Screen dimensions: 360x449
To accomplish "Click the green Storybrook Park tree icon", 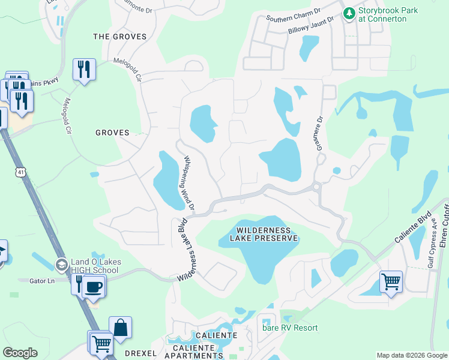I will [x=349, y=13].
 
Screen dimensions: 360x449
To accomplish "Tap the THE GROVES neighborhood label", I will [x=120, y=37].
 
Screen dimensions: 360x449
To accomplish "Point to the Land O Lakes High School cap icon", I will [x=61, y=265].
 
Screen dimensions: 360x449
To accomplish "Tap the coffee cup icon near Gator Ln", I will [x=94, y=286].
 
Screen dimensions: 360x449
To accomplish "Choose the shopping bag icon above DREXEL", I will [x=120, y=328].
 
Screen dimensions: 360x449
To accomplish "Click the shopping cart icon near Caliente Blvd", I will [x=391, y=281].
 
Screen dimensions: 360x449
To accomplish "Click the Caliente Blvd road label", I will [x=413, y=227].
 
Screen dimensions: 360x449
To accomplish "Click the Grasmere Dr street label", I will [x=318, y=133].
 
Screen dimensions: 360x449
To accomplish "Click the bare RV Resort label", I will [x=290, y=328].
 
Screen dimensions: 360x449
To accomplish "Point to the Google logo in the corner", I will [x=20, y=353].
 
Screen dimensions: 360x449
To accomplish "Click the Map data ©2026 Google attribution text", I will [x=411, y=355].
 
